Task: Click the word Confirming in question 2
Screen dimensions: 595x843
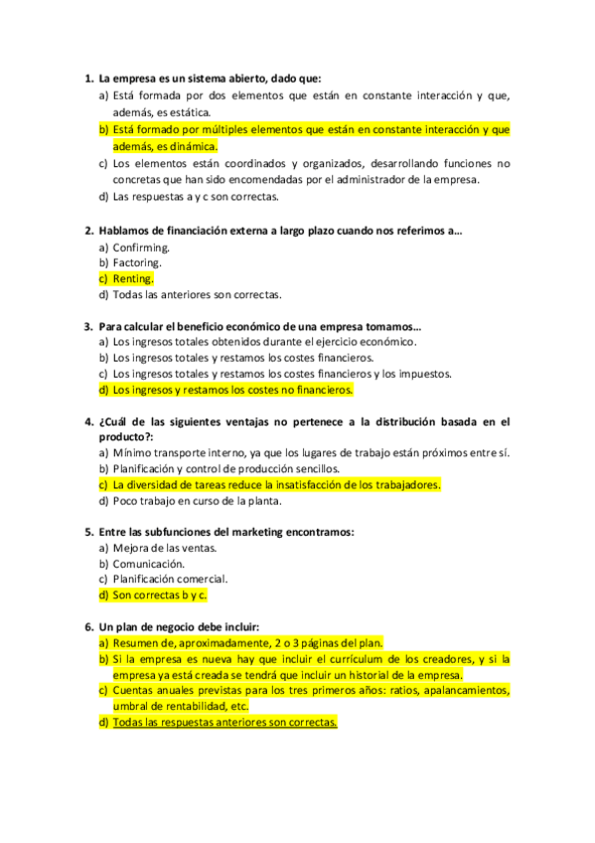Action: (141, 247)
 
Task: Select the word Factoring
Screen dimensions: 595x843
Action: (137, 262)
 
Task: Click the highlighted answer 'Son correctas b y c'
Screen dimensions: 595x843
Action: (159, 594)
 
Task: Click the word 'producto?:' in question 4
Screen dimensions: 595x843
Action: (126, 436)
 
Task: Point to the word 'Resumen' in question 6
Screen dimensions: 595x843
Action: (134, 642)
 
